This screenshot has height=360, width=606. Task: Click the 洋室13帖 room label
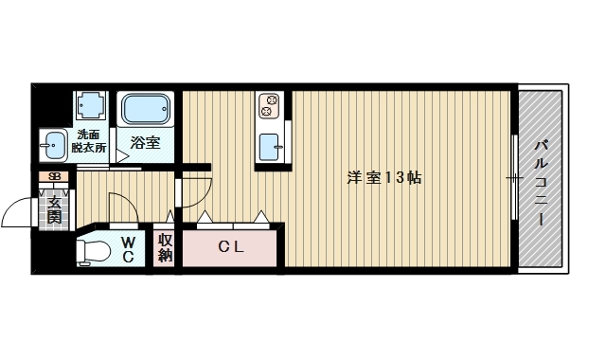[x=384, y=178]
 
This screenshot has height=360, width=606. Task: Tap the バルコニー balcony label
[x=541, y=183]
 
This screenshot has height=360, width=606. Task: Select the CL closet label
[x=231, y=246]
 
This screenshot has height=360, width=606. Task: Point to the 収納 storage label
[x=165, y=248]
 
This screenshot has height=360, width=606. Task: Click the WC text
[x=128, y=250]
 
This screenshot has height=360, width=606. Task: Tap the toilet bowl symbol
[x=93, y=252]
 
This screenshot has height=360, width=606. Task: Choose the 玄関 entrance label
[x=55, y=210]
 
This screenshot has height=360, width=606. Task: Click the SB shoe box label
[x=55, y=177]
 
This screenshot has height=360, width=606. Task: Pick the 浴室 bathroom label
[x=145, y=143]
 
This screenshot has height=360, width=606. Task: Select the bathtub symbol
[x=146, y=109]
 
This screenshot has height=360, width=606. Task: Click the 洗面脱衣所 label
[x=89, y=141]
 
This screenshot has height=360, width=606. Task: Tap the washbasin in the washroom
[x=54, y=145]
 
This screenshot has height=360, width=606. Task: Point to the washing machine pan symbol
[x=91, y=105]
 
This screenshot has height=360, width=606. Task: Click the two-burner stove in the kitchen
[x=269, y=105]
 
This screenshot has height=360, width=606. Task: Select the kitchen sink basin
[x=269, y=147]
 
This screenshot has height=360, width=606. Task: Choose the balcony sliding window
[x=514, y=177]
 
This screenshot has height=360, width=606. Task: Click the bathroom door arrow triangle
[x=122, y=156]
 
